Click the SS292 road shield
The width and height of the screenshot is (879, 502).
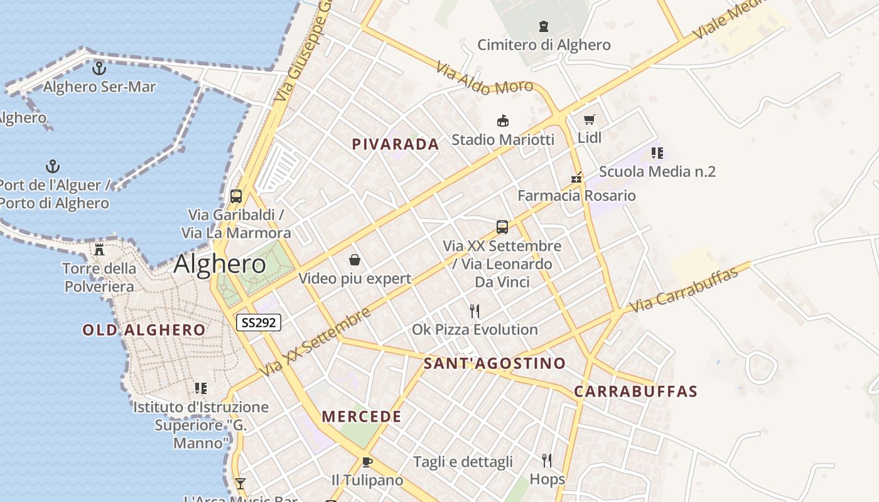259,323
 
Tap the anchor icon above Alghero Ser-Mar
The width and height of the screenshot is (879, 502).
99,68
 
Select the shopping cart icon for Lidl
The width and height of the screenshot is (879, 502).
589,119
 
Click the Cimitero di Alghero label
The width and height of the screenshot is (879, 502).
544,45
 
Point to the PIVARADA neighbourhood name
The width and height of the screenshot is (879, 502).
396,144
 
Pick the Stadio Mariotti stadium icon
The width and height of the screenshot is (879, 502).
502,120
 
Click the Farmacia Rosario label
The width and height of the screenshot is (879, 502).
576,196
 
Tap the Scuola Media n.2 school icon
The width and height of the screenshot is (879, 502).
657,152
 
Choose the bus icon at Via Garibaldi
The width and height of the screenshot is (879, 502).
236,196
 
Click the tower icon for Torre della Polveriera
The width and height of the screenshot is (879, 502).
99,250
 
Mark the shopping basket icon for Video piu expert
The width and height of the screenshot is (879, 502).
355,260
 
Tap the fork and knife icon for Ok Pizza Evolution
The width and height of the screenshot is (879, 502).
475,311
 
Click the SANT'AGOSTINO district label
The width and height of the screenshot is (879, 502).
495,363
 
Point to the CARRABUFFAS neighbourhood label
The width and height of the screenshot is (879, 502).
635,392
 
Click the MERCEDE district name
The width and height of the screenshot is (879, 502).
362,417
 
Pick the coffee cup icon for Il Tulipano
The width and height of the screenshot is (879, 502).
367,462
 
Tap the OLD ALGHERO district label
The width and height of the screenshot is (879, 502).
144,330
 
